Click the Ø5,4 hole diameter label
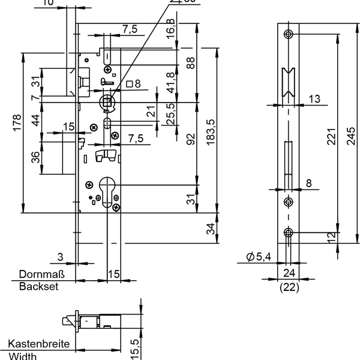[259, 257]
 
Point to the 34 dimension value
[210, 228]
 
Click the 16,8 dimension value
[171, 29]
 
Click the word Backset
[38, 287]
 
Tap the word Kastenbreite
[39, 345]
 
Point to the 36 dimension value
[35, 157]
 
